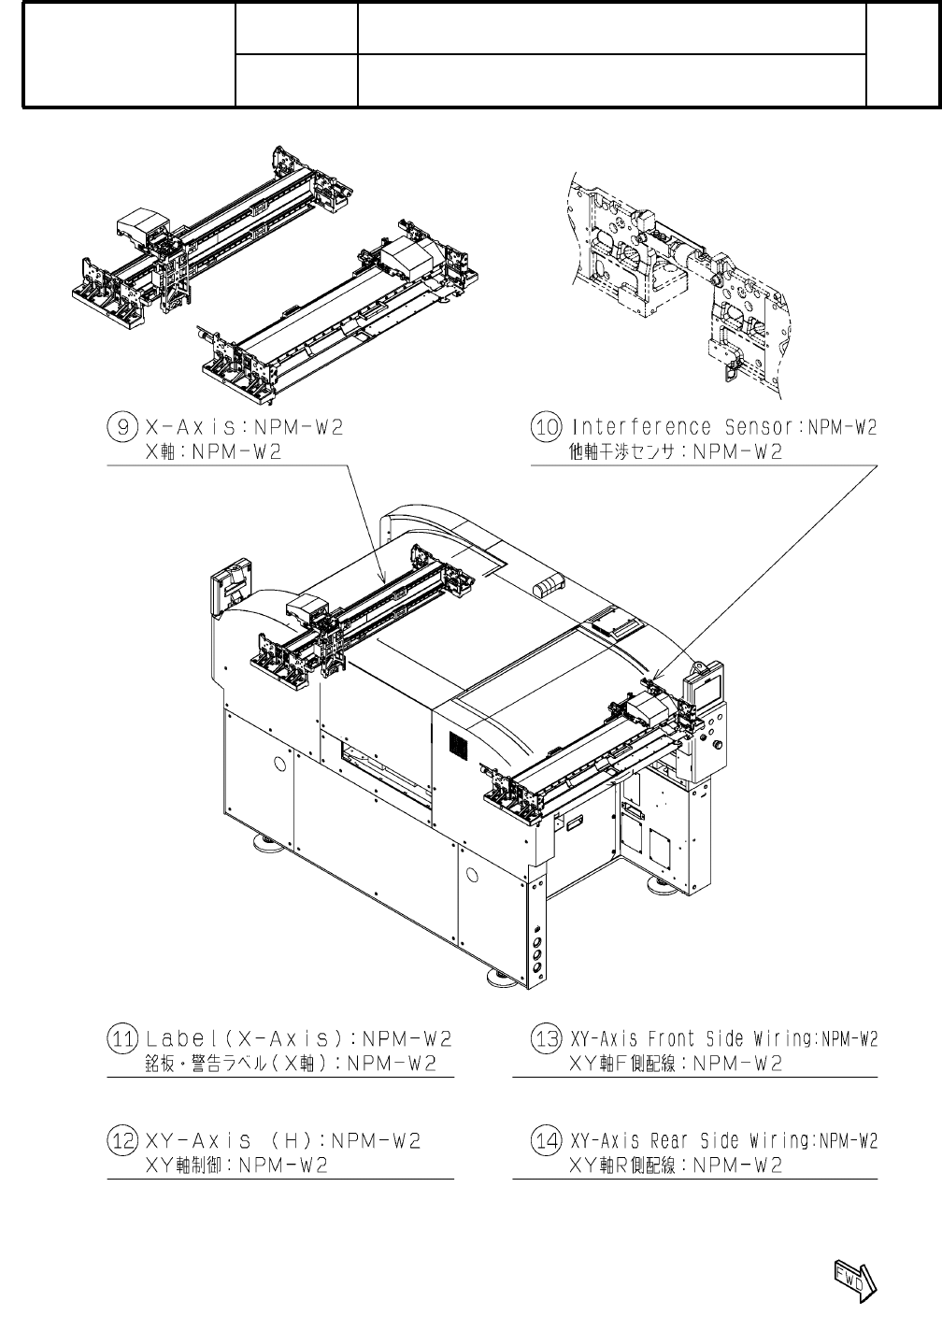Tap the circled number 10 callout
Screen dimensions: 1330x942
(x=546, y=428)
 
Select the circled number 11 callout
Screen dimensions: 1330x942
(x=123, y=1039)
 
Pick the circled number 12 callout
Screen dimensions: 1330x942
(x=123, y=1141)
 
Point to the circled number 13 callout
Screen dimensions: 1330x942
(x=546, y=1039)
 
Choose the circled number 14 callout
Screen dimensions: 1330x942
(x=546, y=1141)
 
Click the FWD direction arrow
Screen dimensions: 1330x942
(x=852, y=1278)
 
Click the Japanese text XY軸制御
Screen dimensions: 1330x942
(x=183, y=1166)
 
